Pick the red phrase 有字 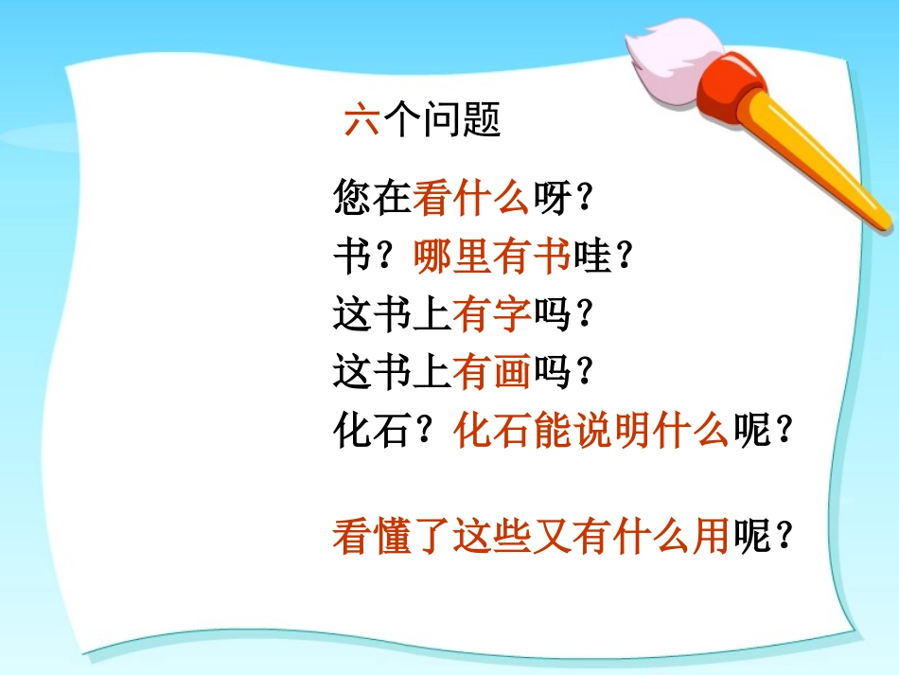tap(491, 315)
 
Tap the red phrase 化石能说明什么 tap(591, 432)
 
